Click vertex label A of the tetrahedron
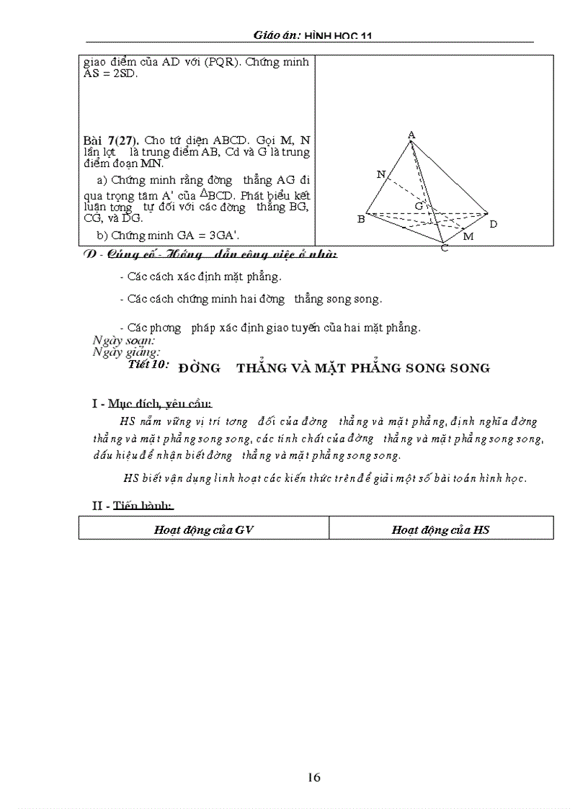click(x=411, y=135)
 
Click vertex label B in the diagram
click(x=361, y=219)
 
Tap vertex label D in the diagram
click(x=493, y=225)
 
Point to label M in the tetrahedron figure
click(x=468, y=236)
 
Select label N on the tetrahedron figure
click(x=380, y=174)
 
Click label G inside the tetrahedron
click(x=417, y=206)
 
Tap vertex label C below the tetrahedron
click(x=445, y=248)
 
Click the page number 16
click(x=313, y=777)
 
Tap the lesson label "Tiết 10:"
click(x=148, y=365)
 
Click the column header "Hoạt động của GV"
click(x=203, y=529)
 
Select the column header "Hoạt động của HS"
click(x=440, y=529)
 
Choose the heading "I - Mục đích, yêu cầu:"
click(x=151, y=403)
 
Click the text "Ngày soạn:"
click(x=124, y=340)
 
